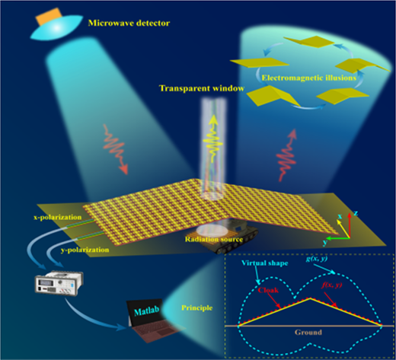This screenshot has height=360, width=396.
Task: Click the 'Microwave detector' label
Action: coord(129,23)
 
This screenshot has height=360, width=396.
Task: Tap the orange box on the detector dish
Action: coord(49,16)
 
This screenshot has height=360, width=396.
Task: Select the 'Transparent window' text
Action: coord(202,88)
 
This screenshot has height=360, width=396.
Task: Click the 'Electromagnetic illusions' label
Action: coord(308,78)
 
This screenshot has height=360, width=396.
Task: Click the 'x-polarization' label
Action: coord(58,217)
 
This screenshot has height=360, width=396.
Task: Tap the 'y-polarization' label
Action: coord(85,250)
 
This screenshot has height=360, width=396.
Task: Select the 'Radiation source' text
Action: coord(214,239)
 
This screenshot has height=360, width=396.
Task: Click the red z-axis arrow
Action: coord(350,225)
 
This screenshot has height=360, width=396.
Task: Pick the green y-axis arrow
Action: coord(338,238)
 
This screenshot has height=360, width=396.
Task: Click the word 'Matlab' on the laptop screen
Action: coord(147,310)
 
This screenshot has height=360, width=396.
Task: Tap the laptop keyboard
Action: coord(154,331)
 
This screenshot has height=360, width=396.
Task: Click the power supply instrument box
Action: coord(59,282)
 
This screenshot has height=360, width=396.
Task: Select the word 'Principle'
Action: coord(196,308)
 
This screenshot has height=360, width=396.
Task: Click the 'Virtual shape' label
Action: coord(264,263)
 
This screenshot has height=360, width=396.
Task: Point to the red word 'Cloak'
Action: coord(268,290)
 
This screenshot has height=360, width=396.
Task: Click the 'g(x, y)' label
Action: coord(317,259)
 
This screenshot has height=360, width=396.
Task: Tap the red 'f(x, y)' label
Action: coord(331,285)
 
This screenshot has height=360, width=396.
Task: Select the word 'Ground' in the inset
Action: coord(308,332)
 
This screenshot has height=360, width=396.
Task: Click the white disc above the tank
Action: coord(212,231)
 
